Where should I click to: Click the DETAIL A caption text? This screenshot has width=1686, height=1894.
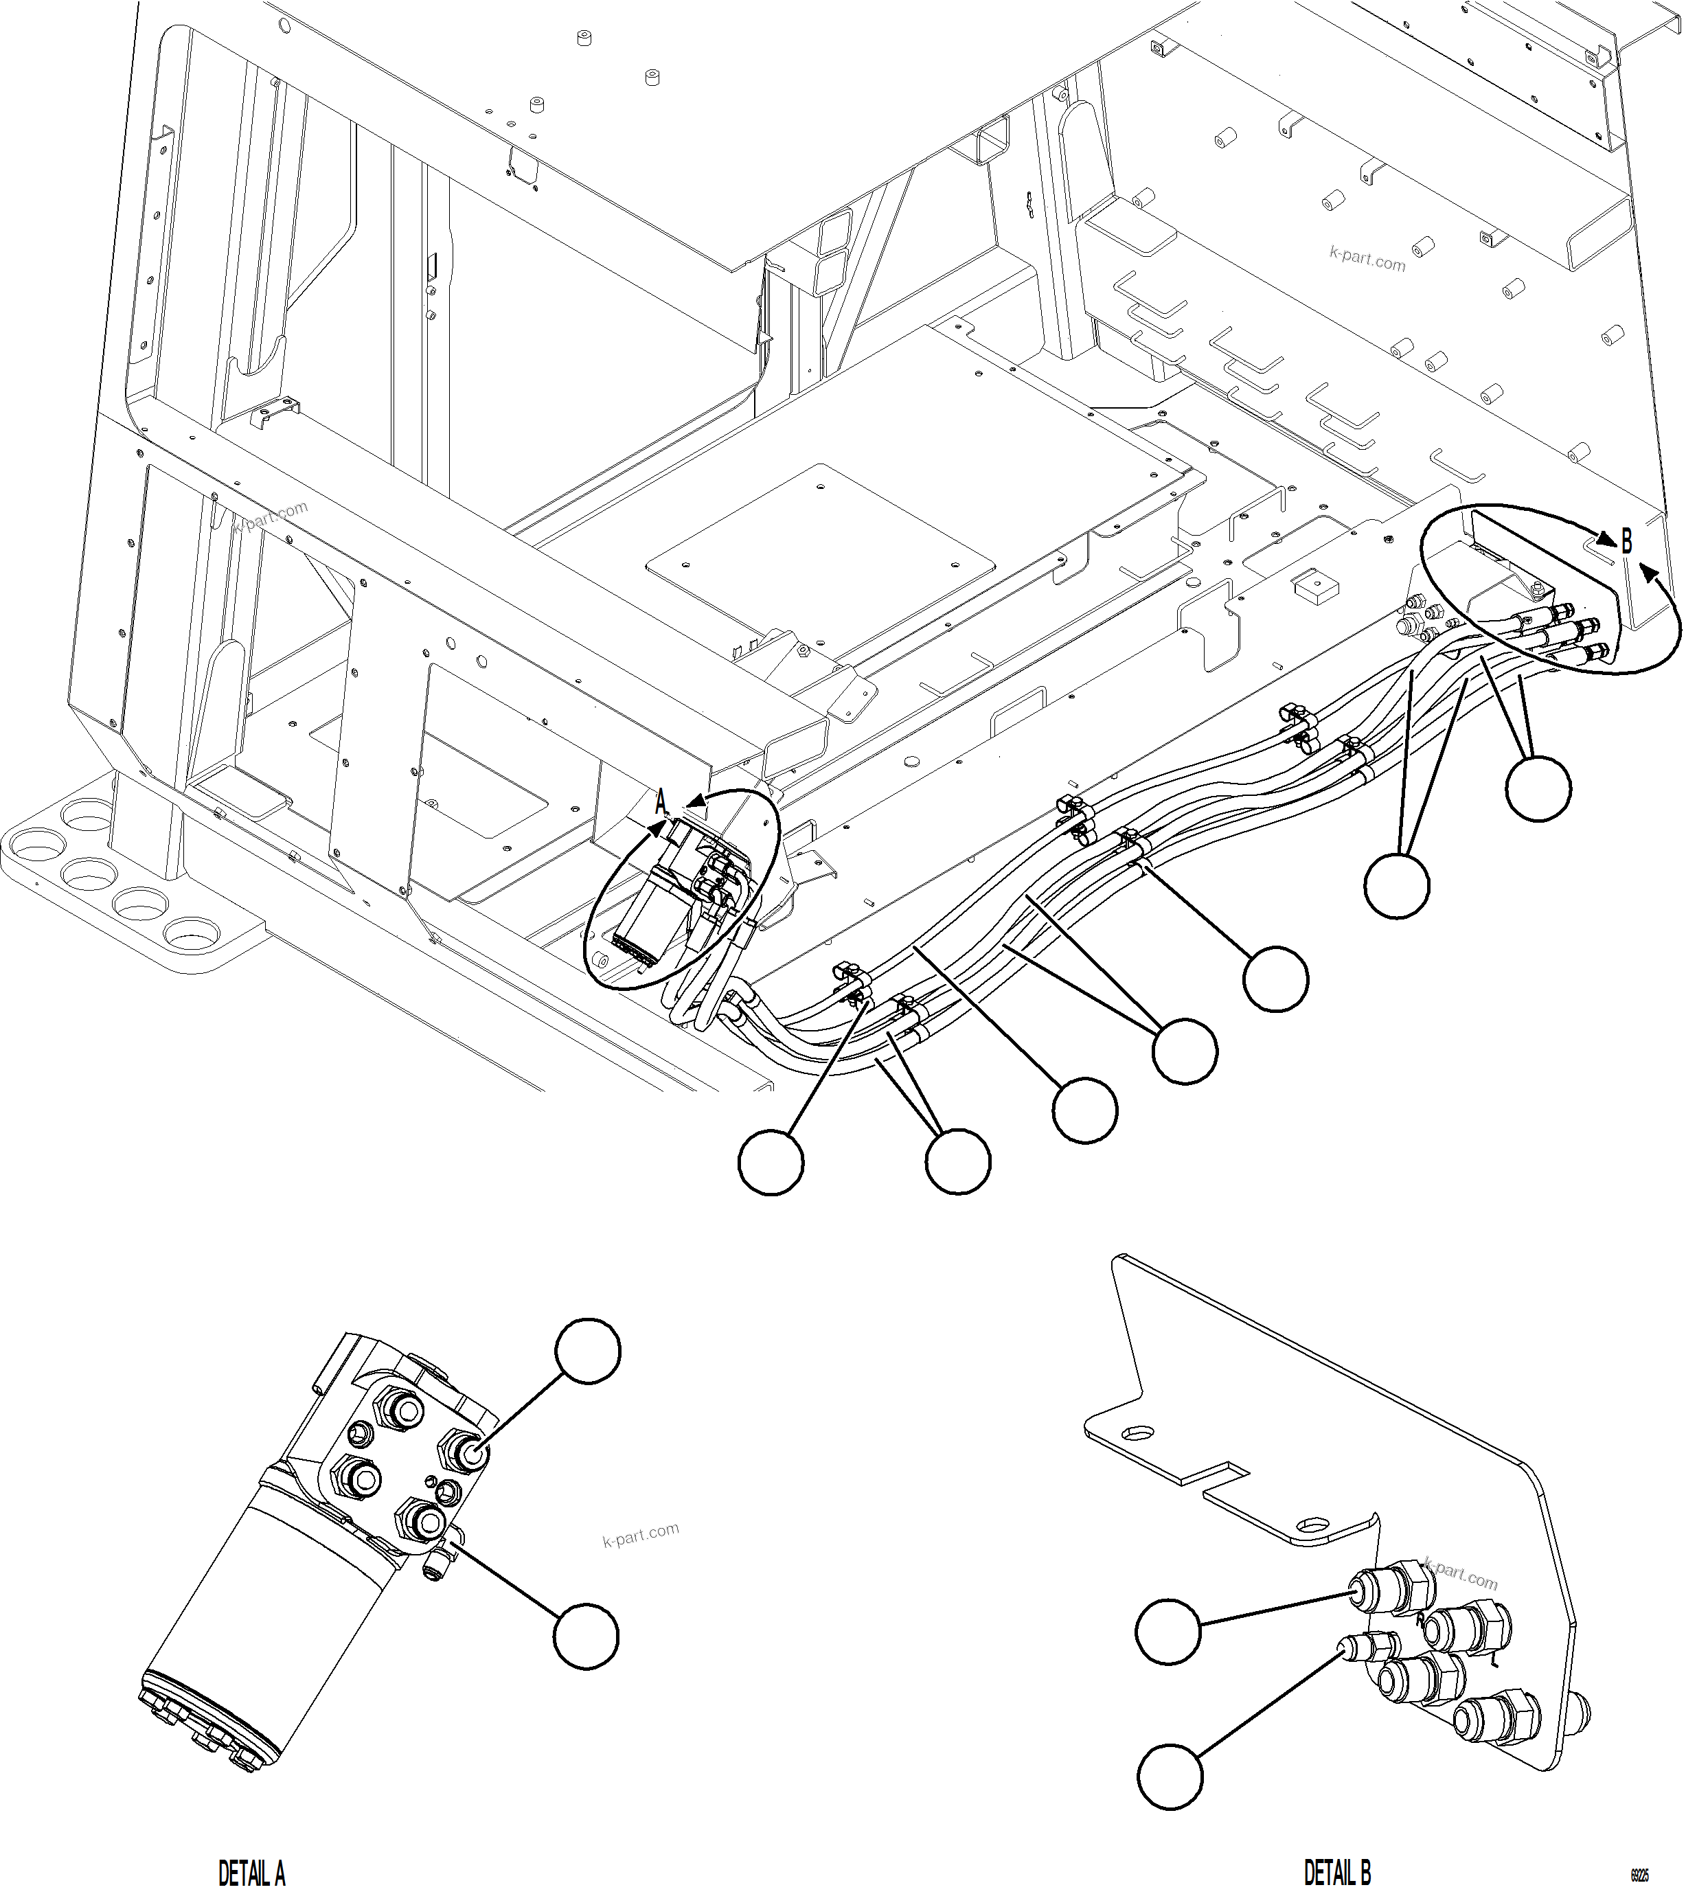click(251, 1873)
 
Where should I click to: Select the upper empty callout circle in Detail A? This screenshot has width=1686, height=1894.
click(588, 1352)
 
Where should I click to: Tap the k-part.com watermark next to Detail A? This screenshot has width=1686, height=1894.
click(641, 1536)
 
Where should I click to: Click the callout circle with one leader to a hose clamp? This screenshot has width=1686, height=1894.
click(1275, 979)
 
